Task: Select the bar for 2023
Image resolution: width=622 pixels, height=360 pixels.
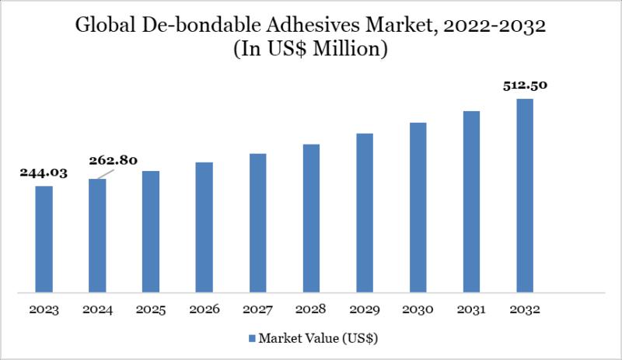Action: point(44,239)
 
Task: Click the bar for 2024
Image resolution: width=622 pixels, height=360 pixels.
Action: point(98,236)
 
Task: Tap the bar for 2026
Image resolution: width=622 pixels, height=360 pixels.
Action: point(204,227)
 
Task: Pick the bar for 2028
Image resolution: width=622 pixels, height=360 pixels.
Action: point(311,218)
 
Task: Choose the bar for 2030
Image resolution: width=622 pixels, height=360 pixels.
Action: point(418,208)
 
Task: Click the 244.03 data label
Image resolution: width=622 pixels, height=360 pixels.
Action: point(44,173)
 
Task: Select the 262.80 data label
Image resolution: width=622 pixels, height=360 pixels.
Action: point(114,161)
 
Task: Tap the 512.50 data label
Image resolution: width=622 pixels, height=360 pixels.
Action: point(525,86)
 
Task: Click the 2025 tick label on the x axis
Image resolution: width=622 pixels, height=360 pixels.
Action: point(151,309)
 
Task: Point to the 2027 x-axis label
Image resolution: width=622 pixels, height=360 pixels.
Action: point(257,309)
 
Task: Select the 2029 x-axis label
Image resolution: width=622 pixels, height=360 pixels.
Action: point(365,309)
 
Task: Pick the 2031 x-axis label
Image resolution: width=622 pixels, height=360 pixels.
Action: point(471,309)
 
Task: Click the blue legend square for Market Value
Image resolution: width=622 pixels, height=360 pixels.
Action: point(252,338)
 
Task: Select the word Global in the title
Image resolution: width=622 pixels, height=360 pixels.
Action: point(106,26)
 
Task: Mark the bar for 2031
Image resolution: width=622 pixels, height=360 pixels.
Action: point(471,202)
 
